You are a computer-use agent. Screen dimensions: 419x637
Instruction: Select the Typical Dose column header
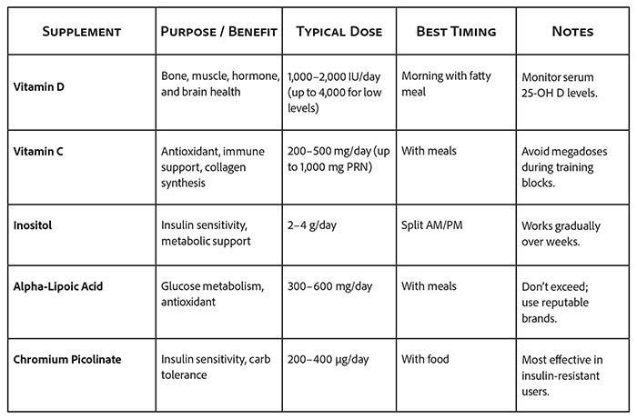[339, 32]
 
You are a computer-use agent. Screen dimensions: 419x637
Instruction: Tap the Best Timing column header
[456, 32]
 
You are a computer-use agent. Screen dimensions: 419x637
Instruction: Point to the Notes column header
[572, 32]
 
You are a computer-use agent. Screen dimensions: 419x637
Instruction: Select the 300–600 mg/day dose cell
[329, 286]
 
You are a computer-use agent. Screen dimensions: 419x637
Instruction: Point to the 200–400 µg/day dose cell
[328, 359]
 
